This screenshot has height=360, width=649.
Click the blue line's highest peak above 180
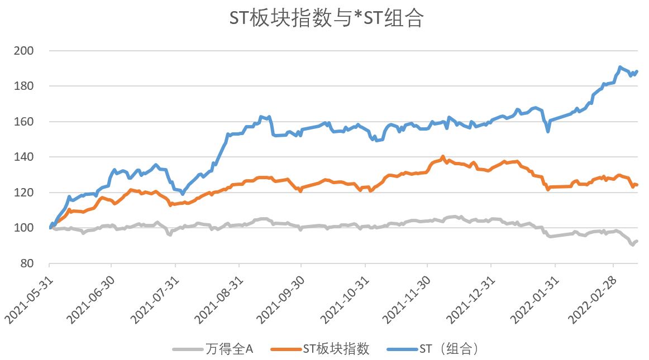click(x=620, y=67)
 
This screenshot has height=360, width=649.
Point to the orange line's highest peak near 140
click(x=443, y=157)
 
